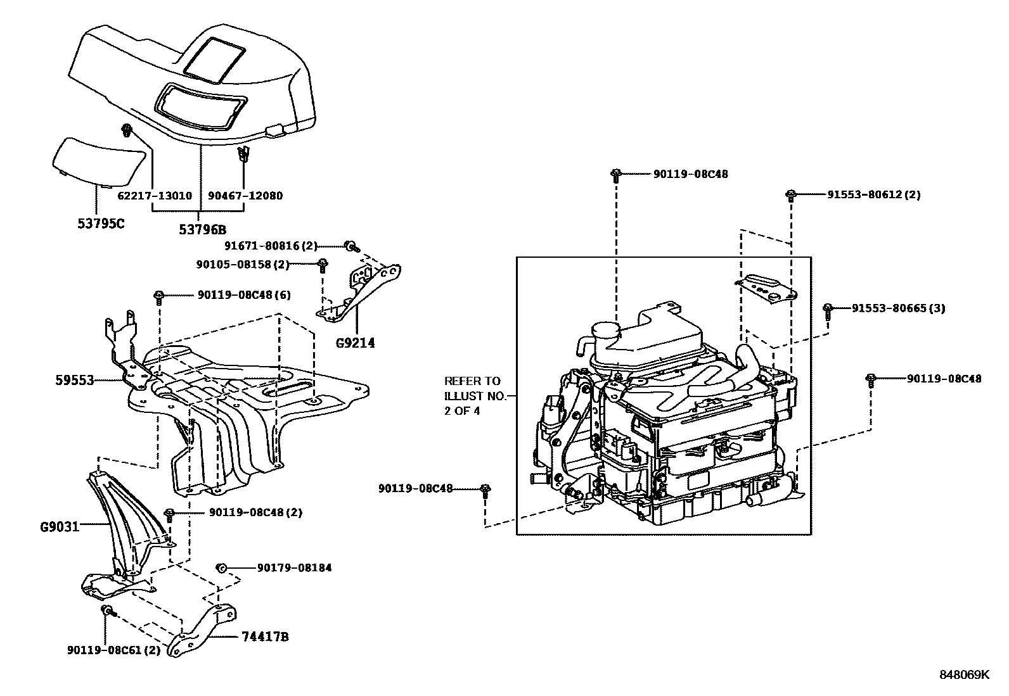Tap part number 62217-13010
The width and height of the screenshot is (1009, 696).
pos(155,196)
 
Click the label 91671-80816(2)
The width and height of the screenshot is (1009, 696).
pos(271,246)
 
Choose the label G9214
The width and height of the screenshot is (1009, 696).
pos(356,344)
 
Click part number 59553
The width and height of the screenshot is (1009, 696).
pos(75,381)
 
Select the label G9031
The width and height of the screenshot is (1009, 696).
pos(60,526)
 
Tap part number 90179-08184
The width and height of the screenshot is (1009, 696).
pos(294,568)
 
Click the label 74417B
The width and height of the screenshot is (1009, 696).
pos(265,637)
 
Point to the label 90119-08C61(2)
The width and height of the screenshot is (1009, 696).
pos(113,650)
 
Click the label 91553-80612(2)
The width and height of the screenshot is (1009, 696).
pos(873,195)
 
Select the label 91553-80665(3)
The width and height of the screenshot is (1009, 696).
pos(898,308)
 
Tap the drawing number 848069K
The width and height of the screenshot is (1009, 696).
pos(964,675)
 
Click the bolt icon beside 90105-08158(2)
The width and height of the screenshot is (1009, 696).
pos(322,265)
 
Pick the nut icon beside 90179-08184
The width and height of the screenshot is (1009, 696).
pos(222,567)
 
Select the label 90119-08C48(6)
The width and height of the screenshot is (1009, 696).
pos(244,295)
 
